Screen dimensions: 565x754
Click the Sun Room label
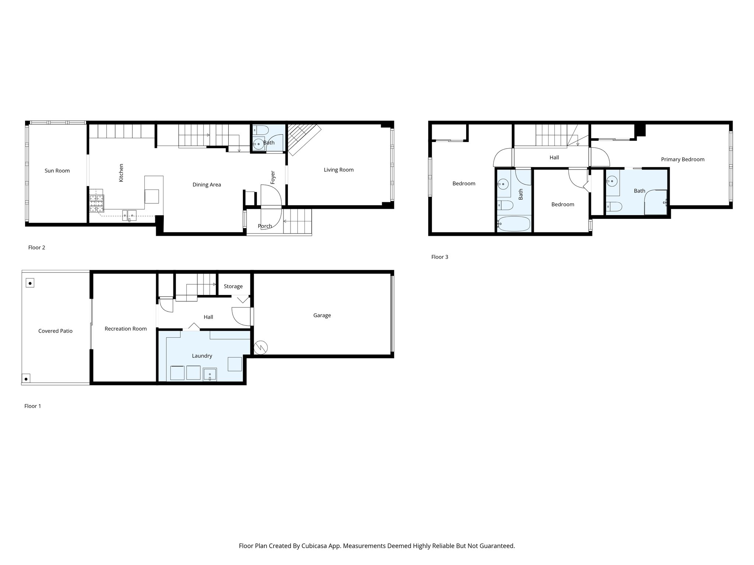(57, 171)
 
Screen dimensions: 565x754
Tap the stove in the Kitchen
(96, 203)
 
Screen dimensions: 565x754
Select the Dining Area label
(207, 185)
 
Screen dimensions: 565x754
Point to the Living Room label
(338, 170)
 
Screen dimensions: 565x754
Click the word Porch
(265, 226)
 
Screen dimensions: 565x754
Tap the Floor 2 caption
(36, 248)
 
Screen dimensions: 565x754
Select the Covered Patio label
(55, 331)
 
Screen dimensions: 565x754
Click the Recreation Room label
(126, 329)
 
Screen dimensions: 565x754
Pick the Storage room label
(233, 286)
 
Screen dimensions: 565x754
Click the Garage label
(322, 315)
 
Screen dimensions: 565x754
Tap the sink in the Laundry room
(210, 374)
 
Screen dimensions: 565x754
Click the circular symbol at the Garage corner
(261, 347)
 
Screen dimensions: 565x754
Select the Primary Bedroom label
(683, 159)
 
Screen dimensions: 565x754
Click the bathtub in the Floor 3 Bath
(514, 224)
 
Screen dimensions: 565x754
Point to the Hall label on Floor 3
(554, 157)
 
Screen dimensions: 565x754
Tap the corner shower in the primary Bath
(656, 202)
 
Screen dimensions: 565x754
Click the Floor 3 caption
(440, 257)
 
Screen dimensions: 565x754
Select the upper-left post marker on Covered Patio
(30, 283)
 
